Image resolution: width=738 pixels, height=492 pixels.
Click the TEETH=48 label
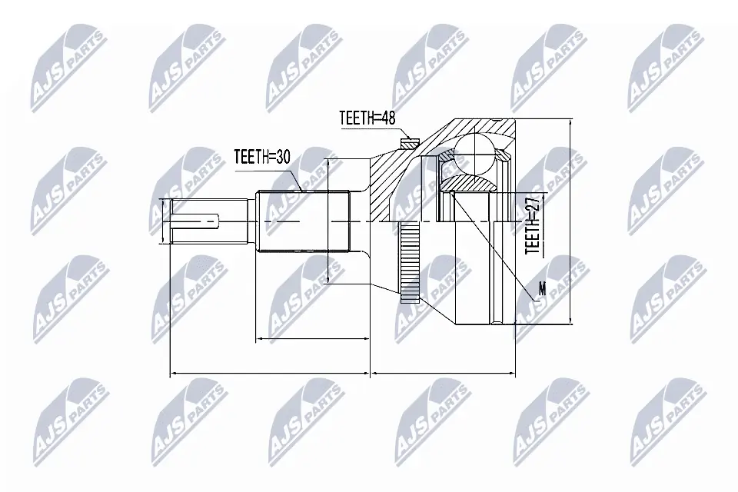(x=366, y=119)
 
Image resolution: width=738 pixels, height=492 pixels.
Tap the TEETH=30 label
(x=261, y=157)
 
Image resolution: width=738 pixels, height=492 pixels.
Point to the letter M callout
(x=542, y=289)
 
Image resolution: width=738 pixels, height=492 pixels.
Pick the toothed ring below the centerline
(x=411, y=261)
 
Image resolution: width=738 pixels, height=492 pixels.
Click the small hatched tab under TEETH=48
(x=410, y=142)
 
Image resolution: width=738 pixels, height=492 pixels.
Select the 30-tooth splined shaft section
(x=304, y=223)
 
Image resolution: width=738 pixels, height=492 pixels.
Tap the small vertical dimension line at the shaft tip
(x=163, y=222)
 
